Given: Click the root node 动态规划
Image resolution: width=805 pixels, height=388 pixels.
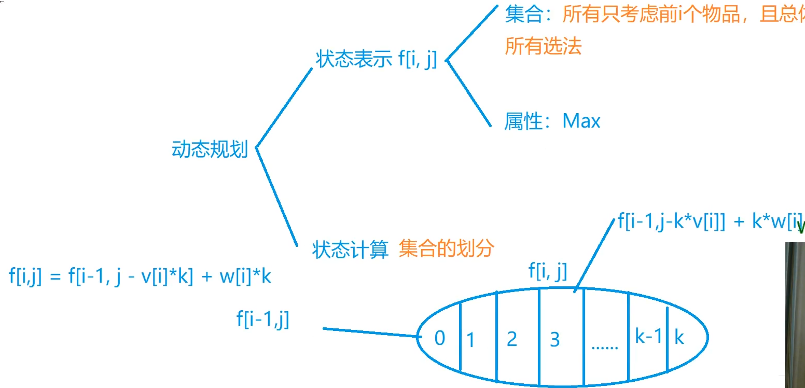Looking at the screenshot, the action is tap(210, 150).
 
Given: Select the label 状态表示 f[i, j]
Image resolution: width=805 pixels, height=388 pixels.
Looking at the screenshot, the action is tap(376, 60).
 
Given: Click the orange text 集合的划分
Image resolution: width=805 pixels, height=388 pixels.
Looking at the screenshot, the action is tap(447, 250).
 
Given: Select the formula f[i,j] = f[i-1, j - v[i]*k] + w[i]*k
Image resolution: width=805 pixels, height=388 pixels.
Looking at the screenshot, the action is tap(140, 276).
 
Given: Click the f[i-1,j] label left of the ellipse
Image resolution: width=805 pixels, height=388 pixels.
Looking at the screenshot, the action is tap(263, 319).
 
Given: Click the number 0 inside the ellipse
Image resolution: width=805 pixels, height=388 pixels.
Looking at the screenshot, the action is tap(439, 338).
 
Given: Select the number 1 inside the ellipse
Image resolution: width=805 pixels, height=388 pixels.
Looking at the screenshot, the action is tap(470, 341).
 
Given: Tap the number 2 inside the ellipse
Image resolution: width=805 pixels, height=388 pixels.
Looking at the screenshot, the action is tap(511, 339).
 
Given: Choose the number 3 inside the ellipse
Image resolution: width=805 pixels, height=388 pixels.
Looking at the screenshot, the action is tap(554, 340).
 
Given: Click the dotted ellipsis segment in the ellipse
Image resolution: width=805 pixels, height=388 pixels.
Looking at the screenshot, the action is tap(604, 346).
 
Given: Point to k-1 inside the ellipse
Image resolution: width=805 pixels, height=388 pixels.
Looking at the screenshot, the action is tap(648, 337).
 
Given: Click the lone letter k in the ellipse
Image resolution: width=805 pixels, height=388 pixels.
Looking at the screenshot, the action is tap(679, 338).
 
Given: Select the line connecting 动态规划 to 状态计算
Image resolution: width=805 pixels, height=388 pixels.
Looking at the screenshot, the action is tap(276, 197).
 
